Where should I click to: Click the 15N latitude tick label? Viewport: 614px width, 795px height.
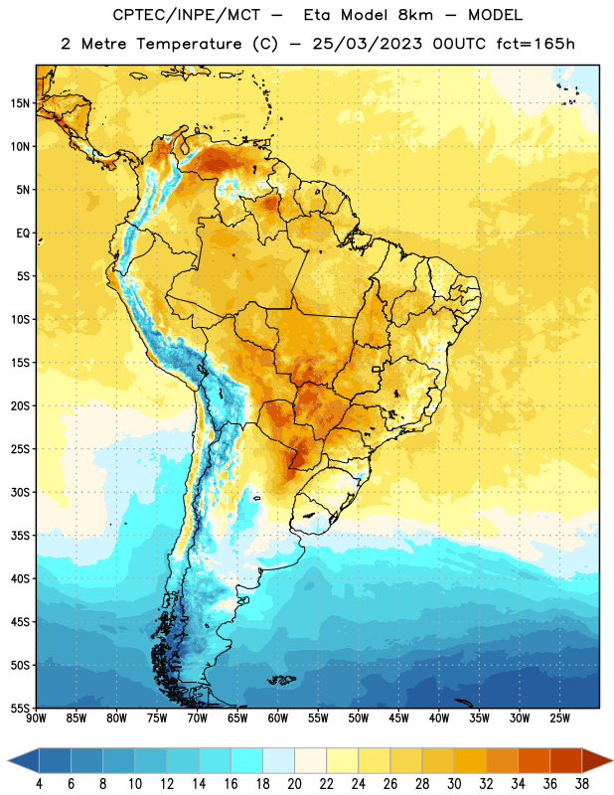20,103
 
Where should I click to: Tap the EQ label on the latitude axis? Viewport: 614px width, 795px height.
23,234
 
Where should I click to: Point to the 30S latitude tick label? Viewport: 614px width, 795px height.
20,492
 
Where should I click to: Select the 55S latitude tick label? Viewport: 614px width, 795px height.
20,708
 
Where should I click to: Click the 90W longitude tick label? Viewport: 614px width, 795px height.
36,718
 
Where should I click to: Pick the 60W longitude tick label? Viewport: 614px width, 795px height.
278,718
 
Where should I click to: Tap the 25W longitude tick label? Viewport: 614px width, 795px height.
559,718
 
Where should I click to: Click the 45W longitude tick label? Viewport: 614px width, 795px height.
398,718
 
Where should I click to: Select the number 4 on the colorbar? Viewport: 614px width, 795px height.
39,784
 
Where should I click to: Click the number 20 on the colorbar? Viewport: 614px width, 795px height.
294,784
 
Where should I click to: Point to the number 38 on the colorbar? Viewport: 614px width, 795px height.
582,784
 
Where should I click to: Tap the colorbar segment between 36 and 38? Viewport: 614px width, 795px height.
566,760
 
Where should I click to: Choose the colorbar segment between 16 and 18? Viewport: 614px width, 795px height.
247,760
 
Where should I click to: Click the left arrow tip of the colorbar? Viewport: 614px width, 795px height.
8,760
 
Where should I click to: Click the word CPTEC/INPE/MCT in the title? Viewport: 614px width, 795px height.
186,15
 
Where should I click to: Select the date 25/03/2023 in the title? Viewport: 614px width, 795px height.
367,44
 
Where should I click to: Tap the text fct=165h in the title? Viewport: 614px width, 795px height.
536,44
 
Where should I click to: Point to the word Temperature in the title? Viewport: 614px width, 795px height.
189,44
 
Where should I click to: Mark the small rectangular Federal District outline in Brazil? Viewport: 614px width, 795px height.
377,369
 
